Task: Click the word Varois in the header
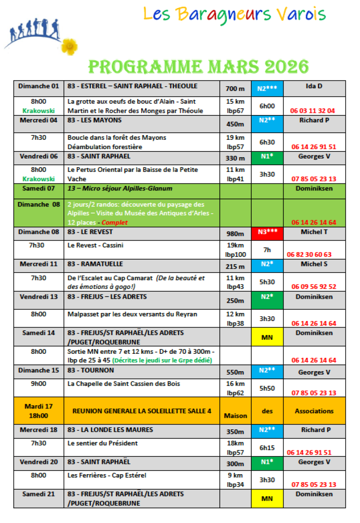click(x=302, y=14)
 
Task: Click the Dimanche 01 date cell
click(x=39, y=86)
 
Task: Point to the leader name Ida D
click(x=314, y=86)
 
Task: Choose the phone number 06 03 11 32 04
click(x=313, y=111)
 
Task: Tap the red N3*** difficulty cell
click(x=267, y=232)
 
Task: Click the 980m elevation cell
click(x=235, y=234)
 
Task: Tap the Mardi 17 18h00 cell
click(x=39, y=411)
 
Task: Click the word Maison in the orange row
click(x=235, y=416)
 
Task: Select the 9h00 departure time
click(x=39, y=384)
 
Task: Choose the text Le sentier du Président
click(x=103, y=443)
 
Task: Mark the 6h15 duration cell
click(x=267, y=448)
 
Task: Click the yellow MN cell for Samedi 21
click(x=267, y=499)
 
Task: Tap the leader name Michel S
click(x=314, y=264)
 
